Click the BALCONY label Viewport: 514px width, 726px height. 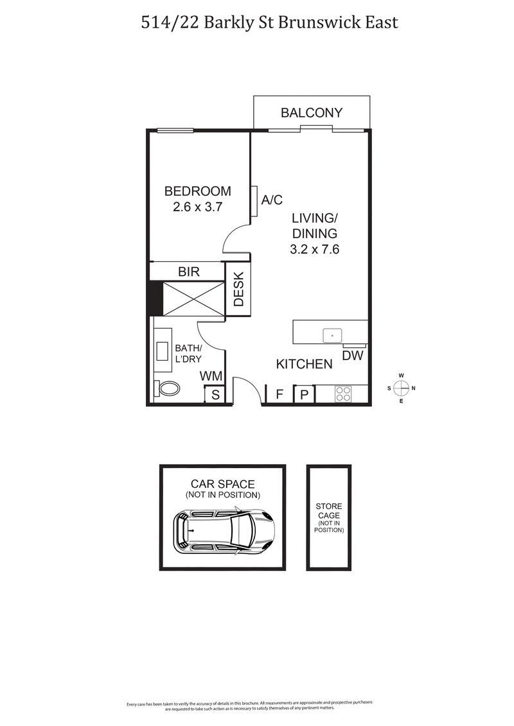coord(312,113)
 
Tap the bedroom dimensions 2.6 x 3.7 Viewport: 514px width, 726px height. coord(197,207)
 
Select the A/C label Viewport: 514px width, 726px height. coord(272,200)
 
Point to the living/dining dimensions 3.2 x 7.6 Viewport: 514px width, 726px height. coord(314,249)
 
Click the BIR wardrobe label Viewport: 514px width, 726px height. coord(188,272)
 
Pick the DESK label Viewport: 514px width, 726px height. coord(238,290)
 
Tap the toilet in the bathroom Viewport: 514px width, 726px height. coord(169,388)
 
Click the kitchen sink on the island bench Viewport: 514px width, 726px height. coord(332,335)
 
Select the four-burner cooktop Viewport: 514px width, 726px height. coord(343,393)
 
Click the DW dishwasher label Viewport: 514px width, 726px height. coord(351,356)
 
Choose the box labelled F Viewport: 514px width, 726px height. coord(279,394)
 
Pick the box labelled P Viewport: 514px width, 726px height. coord(305,394)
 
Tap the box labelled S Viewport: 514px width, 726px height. coord(215,395)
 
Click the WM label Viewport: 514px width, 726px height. coord(211,376)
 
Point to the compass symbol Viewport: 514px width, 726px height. coord(401,388)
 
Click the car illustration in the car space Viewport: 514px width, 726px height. coord(224,531)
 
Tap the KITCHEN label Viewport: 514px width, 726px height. coord(304,364)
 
